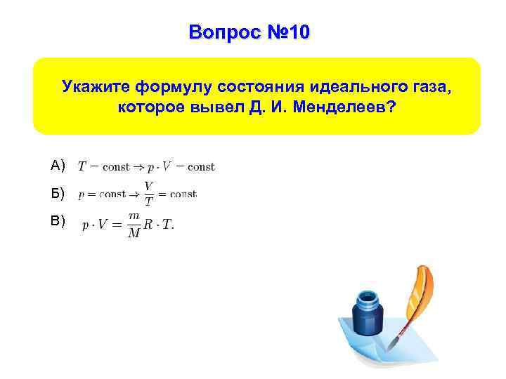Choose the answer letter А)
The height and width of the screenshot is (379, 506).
pos(58,166)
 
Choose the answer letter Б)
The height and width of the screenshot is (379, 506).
pos(58,193)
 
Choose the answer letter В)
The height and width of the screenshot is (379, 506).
pos(58,221)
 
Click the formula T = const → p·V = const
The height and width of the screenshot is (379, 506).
pos(146,167)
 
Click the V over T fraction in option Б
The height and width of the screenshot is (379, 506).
pos(149,194)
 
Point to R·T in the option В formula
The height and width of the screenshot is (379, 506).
pos(160,226)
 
